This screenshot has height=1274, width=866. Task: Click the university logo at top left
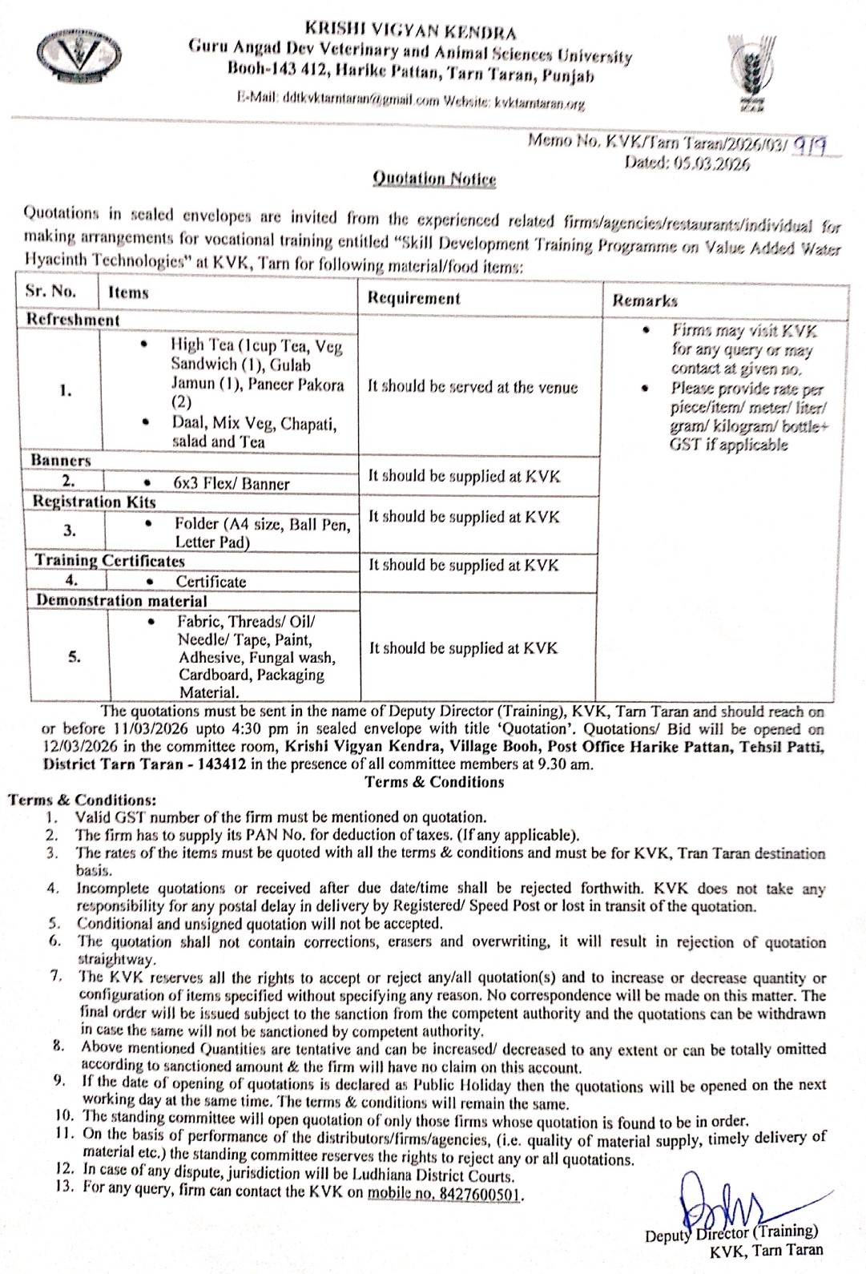79,54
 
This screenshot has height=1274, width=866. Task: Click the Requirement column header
413,298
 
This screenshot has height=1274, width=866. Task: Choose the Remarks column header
645,300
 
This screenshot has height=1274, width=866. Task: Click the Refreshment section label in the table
73,320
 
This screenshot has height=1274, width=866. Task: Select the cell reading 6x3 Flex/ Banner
232,483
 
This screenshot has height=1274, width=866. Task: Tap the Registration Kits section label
94,502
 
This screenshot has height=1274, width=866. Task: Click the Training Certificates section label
109,561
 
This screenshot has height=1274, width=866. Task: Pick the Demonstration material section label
120,601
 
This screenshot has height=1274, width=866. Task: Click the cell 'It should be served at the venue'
473,387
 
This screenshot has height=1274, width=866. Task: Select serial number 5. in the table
74,657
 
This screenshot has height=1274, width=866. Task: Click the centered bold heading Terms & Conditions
434,782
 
